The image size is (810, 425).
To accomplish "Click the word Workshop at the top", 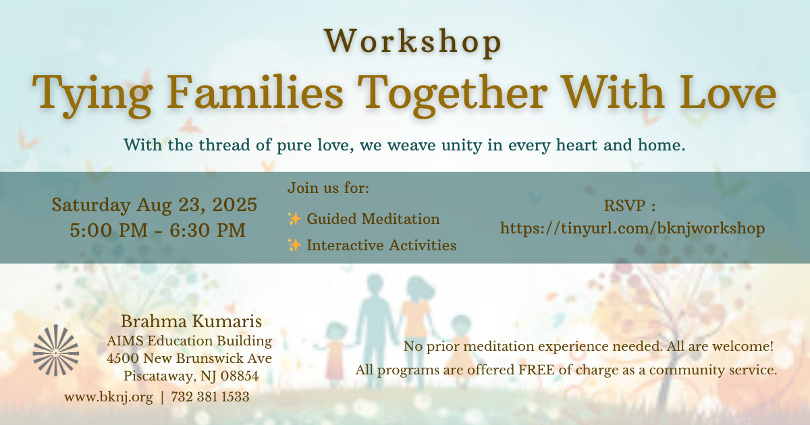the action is point(413,42).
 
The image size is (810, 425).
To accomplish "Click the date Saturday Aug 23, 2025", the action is point(155,205).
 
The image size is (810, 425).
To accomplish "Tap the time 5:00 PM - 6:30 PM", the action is point(158,230).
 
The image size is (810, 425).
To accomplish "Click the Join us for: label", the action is point(328,188).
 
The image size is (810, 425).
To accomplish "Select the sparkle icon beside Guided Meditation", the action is point(294,219).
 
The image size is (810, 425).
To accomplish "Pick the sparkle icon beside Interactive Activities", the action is point(294,245).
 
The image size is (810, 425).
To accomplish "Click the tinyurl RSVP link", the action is point(632,229).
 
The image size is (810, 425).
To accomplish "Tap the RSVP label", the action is point(630,206).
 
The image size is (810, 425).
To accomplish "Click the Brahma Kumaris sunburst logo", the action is point(55,350).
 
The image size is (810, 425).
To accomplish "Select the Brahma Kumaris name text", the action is point(191,321).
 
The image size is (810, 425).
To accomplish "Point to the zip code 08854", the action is point(240,376).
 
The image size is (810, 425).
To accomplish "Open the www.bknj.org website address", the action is point(109,397).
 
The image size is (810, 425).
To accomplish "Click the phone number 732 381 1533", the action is point(210,397).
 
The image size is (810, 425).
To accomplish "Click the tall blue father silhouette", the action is point(375,325).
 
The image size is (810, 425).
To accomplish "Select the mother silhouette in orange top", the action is point(416,329).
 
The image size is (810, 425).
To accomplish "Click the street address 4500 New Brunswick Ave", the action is point(190,358).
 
